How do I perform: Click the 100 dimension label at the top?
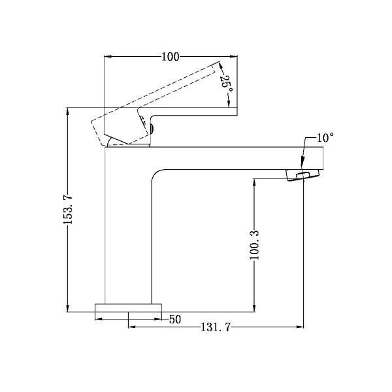point(170,57)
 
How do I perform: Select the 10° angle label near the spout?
point(325,138)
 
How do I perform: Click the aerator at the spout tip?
point(304,175)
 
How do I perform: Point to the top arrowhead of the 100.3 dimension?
point(255,182)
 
